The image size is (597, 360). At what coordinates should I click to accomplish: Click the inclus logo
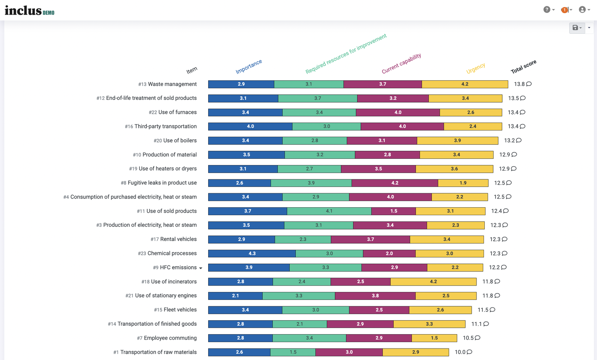tap(29, 11)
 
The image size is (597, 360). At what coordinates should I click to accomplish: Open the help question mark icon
tap(546, 10)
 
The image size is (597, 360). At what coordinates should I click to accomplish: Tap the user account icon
tap(582, 10)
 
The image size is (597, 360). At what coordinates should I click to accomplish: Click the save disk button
tap(575, 28)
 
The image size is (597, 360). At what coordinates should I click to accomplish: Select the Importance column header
tap(249, 66)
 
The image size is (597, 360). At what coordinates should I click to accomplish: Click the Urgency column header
tap(476, 68)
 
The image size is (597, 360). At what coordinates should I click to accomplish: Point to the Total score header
tap(523, 66)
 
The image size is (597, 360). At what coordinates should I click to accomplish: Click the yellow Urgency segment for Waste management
tap(465, 84)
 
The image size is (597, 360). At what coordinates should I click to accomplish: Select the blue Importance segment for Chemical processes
tap(252, 253)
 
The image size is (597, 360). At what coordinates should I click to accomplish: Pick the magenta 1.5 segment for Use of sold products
tap(394, 211)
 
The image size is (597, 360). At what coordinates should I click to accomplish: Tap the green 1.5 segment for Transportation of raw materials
tap(293, 352)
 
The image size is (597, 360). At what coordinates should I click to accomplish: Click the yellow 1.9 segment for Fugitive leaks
tap(463, 183)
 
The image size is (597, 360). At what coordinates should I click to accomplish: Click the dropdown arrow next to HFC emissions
tap(201, 268)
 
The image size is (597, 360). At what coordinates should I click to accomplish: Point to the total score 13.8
tap(519, 84)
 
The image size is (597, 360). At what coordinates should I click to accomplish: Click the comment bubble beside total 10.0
tap(470, 352)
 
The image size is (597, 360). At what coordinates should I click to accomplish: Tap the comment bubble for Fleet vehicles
tap(493, 309)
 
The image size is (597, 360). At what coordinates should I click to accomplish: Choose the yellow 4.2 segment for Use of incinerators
tap(433, 282)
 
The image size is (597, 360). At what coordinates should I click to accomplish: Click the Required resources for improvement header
tap(346, 54)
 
